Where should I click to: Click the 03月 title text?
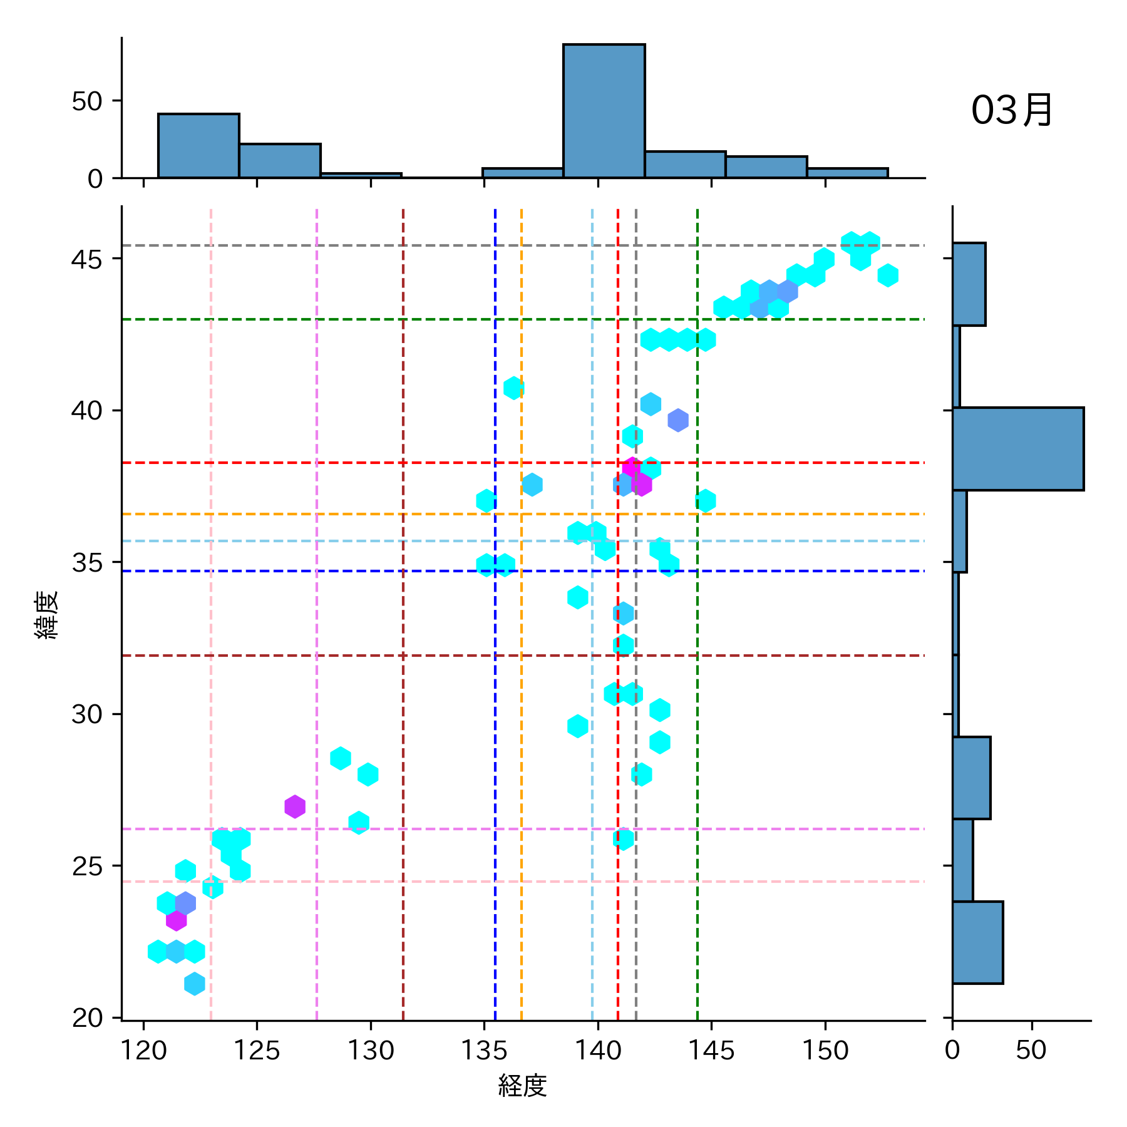click(1011, 111)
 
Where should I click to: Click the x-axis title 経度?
click(523, 1085)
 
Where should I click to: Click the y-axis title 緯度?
click(47, 615)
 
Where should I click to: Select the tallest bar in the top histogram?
click(604, 111)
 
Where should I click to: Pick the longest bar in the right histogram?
click(1018, 449)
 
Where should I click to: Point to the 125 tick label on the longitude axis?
click(257, 1050)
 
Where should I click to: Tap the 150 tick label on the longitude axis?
click(825, 1050)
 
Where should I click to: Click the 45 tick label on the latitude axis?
click(87, 259)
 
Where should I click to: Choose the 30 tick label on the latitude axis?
click(87, 714)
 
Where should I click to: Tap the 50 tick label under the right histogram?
click(1031, 1050)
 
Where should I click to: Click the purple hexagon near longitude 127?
click(295, 806)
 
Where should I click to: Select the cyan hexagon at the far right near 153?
click(888, 275)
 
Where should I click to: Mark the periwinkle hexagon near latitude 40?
click(678, 420)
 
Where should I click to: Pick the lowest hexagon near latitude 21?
click(195, 984)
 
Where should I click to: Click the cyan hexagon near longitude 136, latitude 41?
click(513, 388)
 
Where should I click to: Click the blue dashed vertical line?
click(495, 751)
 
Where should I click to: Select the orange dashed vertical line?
click(522, 751)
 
